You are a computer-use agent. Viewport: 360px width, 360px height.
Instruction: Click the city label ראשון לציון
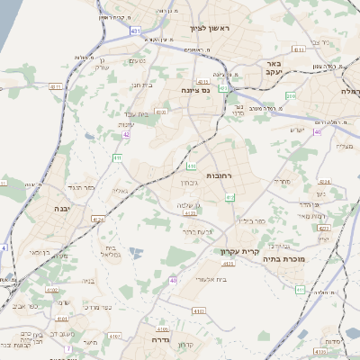[x=210, y=29]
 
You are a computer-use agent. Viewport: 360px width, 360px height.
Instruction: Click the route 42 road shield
[x=127, y=134]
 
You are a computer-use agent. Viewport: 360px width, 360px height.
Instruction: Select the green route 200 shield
[x=290, y=94]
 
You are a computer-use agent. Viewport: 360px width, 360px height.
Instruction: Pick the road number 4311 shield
[x=56, y=87]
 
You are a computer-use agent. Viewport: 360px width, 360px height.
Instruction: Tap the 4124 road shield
[x=98, y=219]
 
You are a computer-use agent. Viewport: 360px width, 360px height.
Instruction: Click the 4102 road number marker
[x=53, y=290]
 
